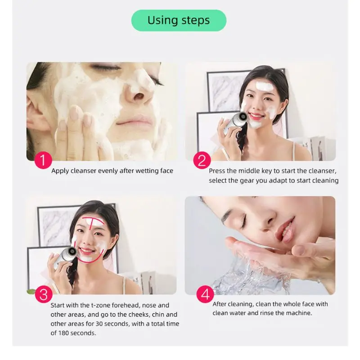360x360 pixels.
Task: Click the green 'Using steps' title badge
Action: coord(179,20)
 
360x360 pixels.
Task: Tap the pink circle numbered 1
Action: coord(43,160)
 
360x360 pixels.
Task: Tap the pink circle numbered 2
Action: coord(202,160)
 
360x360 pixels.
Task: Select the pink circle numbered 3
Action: coord(43,295)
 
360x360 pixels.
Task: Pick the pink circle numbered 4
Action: coord(205,295)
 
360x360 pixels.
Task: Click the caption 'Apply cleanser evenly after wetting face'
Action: coord(112,171)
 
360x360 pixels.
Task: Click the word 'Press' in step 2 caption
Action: coord(217,171)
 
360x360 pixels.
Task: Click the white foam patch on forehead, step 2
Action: coord(264,86)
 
